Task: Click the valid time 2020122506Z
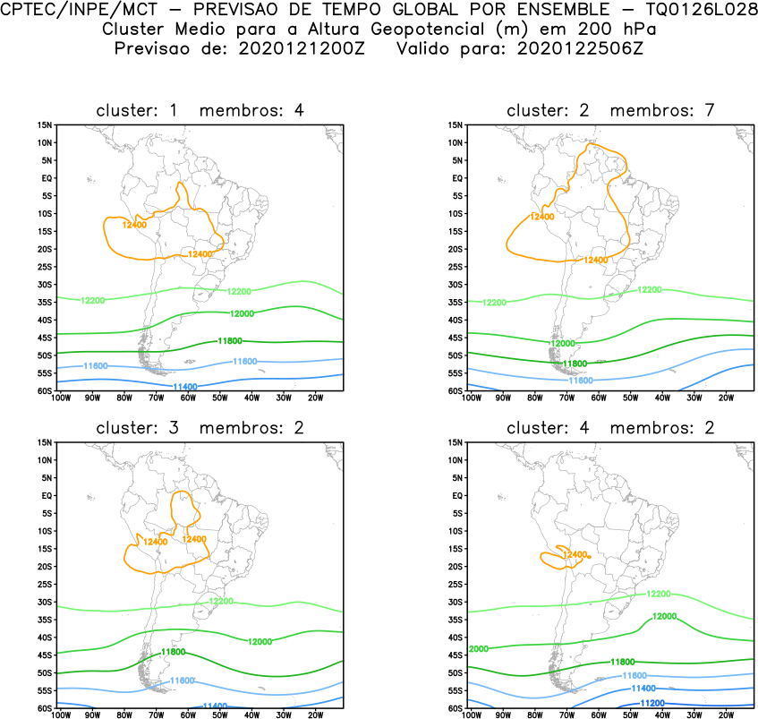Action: click(x=580, y=48)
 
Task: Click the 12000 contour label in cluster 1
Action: click(x=242, y=313)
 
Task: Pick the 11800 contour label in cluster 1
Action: click(x=230, y=341)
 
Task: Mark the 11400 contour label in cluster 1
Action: click(x=184, y=387)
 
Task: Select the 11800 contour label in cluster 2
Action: click(x=575, y=364)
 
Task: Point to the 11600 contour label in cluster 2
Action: click(x=581, y=381)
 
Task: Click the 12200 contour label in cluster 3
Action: click(x=220, y=601)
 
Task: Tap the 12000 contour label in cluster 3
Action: click(x=260, y=642)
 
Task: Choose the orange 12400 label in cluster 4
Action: click(x=574, y=555)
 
